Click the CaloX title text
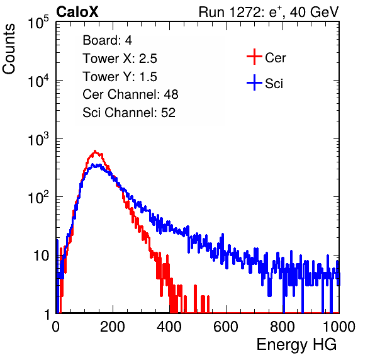[x=77, y=12]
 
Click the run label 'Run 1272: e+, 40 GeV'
[x=269, y=12]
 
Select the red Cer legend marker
[x=254, y=57]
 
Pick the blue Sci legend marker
[x=254, y=82]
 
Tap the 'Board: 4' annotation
[x=107, y=40]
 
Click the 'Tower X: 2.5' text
[x=120, y=59]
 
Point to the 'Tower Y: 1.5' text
[x=120, y=77]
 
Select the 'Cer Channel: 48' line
[x=130, y=94]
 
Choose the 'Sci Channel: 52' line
[x=129, y=113]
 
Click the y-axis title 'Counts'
[x=9, y=49]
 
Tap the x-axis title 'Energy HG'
[x=296, y=345]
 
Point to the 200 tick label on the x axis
[x=113, y=327]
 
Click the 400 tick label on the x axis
[x=169, y=327]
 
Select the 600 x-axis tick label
[x=226, y=327]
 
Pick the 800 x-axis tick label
[x=283, y=327]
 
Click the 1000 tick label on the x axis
[x=339, y=327]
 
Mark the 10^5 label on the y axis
[x=38, y=23]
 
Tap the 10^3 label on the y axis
[x=38, y=139]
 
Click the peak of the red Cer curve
[x=95, y=151]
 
